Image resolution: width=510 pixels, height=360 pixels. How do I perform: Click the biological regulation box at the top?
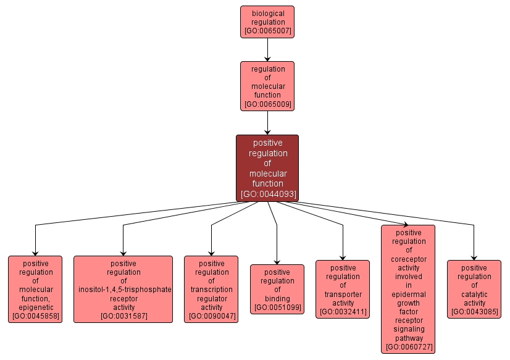[x=267, y=22]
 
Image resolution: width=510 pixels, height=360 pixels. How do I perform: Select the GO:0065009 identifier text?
[x=267, y=104]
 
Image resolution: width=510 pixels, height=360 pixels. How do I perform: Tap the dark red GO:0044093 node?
[x=267, y=168]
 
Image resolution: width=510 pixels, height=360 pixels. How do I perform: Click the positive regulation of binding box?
[x=277, y=289]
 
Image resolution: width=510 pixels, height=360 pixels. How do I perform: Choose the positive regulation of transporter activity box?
[x=343, y=289]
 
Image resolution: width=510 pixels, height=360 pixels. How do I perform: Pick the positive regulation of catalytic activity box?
[x=474, y=289]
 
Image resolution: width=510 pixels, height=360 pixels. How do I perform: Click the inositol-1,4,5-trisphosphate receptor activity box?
[x=123, y=289]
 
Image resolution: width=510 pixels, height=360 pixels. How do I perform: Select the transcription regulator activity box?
[x=211, y=289]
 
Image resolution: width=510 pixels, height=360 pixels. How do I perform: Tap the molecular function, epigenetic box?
[x=35, y=289]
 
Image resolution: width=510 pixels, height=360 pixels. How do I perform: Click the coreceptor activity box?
[x=408, y=289]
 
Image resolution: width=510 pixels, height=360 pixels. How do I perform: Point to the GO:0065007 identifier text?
[x=267, y=30]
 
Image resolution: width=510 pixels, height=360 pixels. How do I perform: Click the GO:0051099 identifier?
[x=277, y=308]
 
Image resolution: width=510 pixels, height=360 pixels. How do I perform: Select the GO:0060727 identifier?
[x=408, y=347]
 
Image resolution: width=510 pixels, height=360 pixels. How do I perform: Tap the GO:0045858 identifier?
[x=35, y=316]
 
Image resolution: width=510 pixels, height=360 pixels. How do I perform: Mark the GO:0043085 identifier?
[x=474, y=312]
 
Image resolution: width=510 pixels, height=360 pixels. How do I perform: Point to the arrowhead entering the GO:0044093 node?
[x=267, y=132]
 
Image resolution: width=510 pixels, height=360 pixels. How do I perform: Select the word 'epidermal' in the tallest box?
[x=408, y=295]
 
